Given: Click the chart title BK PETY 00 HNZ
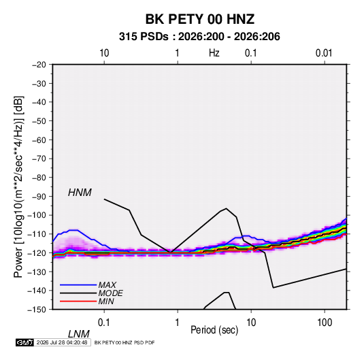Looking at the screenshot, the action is pyautogui.click(x=200, y=19).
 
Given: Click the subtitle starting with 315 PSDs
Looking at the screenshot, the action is pyautogui.click(x=199, y=37).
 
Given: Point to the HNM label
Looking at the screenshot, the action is pyautogui.click(x=80, y=193).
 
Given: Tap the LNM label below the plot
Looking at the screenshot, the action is pyautogui.click(x=78, y=334).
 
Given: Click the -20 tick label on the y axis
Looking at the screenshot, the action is pyautogui.click(x=39, y=65).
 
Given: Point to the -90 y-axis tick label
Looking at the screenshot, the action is pyautogui.click(x=39, y=197).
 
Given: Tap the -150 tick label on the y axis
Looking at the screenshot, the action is pyautogui.click(x=37, y=310).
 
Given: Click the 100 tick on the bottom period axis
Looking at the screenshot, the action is pyautogui.click(x=325, y=323).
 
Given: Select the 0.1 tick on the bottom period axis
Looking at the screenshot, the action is pyautogui.click(x=104, y=323).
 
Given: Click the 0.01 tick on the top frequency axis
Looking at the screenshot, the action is pyautogui.click(x=324, y=53).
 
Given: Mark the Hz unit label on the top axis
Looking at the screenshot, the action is pyautogui.click(x=214, y=53).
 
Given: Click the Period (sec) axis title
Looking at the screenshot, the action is pyautogui.click(x=214, y=330).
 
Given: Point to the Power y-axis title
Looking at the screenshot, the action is pyautogui.click(x=18, y=187).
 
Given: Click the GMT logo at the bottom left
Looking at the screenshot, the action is pyautogui.click(x=24, y=342).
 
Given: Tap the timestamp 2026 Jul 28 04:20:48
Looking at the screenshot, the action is pyautogui.click(x=62, y=342).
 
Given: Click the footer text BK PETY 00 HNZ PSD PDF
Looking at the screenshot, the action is pyautogui.click(x=125, y=342).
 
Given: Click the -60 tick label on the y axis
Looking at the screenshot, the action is pyautogui.click(x=39, y=140).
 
